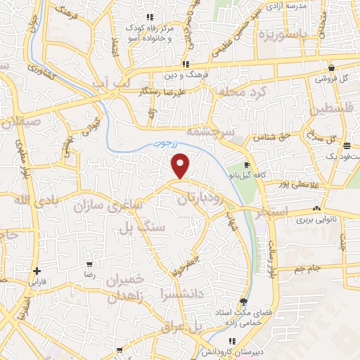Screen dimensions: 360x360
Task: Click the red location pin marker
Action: point(181,167)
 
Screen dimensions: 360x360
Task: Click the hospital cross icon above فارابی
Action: point(37,271)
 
